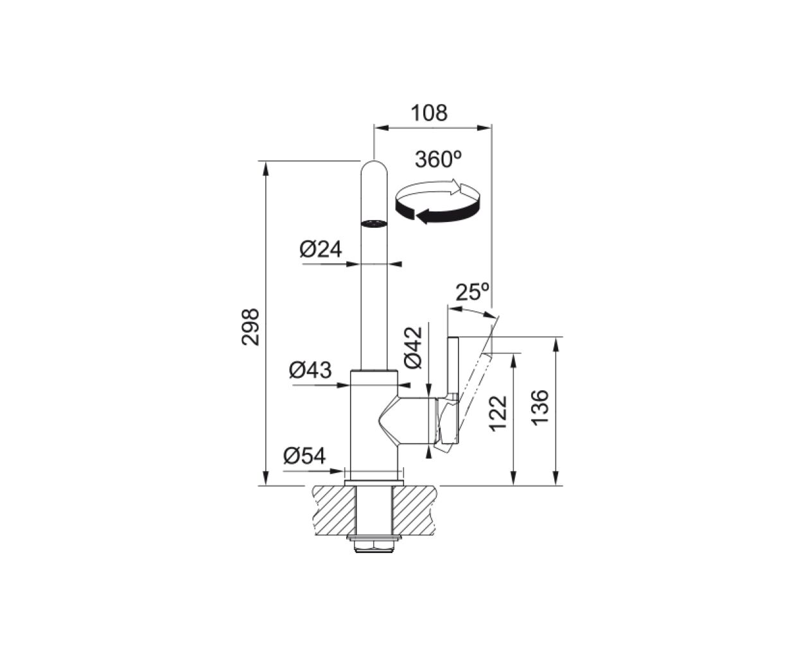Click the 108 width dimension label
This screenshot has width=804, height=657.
pyautogui.click(x=429, y=113)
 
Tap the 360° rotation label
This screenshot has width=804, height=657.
pyautogui.click(x=438, y=159)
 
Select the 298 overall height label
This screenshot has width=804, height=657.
pyautogui.click(x=250, y=327)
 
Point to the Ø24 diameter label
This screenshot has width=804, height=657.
pyautogui.click(x=320, y=250)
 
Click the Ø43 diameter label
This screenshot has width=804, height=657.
pyautogui.click(x=310, y=370)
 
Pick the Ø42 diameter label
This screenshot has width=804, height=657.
pyautogui.click(x=414, y=347)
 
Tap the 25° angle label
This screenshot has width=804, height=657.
pyautogui.click(x=473, y=292)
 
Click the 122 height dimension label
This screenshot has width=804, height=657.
pyautogui.click(x=498, y=414)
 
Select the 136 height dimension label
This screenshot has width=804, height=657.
pyautogui.click(x=540, y=408)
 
